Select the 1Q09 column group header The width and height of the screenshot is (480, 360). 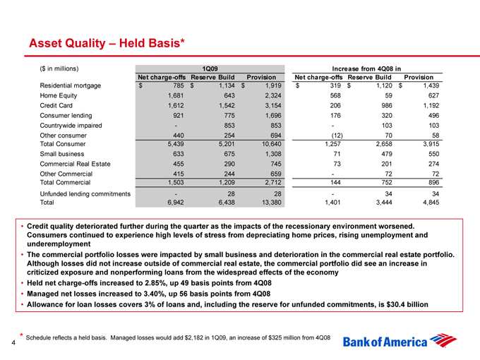[210, 68]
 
